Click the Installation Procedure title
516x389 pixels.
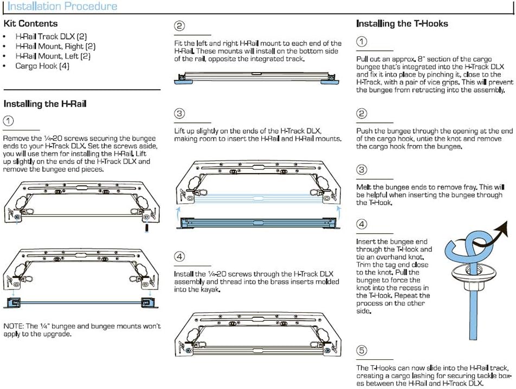point(62,6)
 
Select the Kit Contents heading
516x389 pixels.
point(30,24)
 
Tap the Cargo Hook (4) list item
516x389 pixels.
point(42,66)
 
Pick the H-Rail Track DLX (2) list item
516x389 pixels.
point(51,37)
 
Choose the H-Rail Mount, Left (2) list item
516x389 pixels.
point(53,56)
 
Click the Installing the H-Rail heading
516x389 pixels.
point(45,104)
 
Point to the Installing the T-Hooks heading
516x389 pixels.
point(402,24)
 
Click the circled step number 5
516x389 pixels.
point(362,351)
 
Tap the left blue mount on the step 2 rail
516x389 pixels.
point(185,81)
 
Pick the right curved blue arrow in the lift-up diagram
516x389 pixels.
point(337,212)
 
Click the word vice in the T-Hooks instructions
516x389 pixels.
point(436,83)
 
